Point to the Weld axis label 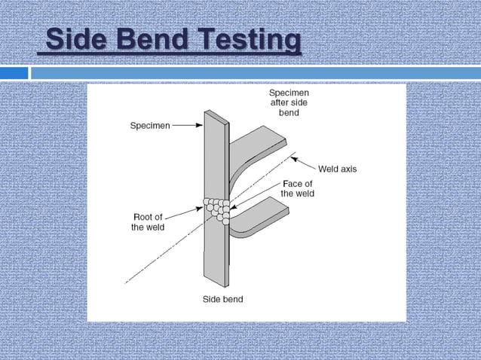[337, 169]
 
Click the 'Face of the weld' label [297, 188]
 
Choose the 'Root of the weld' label [148, 221]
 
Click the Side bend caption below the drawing [222, 300]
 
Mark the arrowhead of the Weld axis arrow [293, 158]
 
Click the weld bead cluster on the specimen [216, 209]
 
